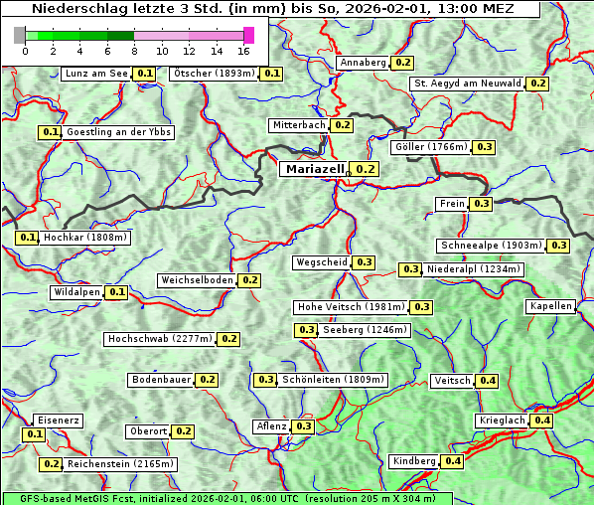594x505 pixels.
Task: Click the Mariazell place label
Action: click(x=314, y=169)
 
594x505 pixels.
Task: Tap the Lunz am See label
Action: click(x=95, y=74)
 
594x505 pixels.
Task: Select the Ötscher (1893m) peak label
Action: click(x=214, y=74)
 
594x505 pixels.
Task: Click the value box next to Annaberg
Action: click(x=402, y=63)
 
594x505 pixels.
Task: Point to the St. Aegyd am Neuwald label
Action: click(x=468, y=84)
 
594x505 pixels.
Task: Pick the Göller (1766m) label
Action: click(x=430, y=147)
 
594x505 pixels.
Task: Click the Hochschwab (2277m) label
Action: click(x=160, y=339)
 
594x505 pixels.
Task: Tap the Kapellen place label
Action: click(x=550, y=306)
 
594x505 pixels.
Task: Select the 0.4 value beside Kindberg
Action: click(x=453, y=461)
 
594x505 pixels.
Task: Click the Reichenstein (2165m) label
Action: click(x=121, y=464)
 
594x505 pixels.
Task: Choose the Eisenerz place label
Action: click(x=57, y=421)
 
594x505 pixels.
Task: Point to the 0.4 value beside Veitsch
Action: click(x=488, y=381)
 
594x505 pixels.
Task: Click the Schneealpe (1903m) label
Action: click(x=491, y=246)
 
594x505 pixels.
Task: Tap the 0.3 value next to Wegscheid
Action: click(x=365, y=262)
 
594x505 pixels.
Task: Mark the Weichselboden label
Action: click(x=197, y=280)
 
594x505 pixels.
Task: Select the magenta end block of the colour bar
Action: click(x=248, y=35)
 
